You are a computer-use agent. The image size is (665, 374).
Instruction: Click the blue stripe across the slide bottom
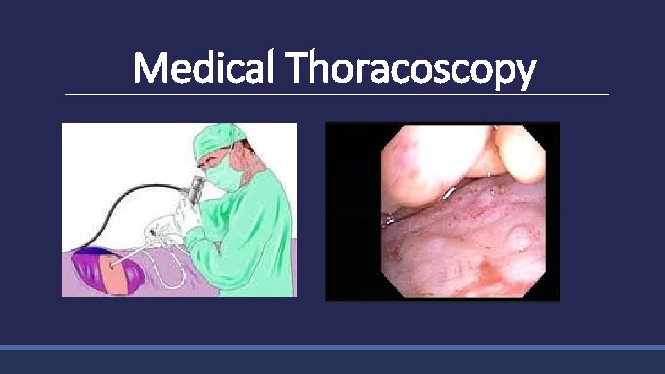point(332,346)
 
